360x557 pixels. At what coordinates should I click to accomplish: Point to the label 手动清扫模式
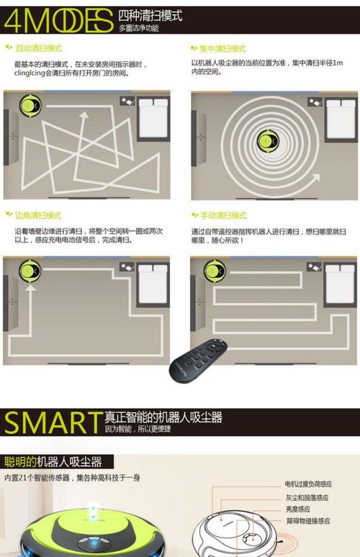223,215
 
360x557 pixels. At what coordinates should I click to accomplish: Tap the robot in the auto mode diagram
30,108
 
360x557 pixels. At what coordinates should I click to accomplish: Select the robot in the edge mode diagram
30,272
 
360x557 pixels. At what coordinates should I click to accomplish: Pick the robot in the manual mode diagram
214,271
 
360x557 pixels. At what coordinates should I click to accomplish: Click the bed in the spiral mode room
340,119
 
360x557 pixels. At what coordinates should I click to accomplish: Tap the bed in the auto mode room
153,118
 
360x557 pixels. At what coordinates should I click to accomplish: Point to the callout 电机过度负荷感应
308,484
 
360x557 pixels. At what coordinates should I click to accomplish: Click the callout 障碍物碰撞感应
308,520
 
